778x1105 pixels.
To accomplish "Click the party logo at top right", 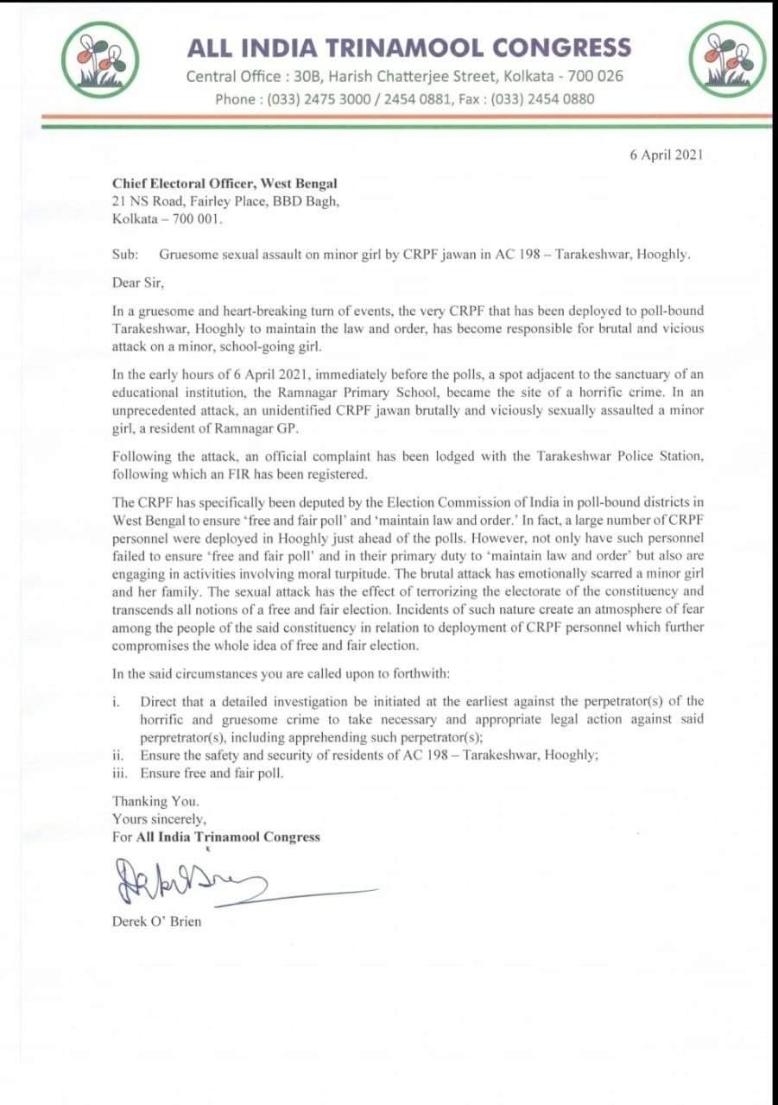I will click(726, 58).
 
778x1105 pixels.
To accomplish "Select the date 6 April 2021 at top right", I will click(667, 155).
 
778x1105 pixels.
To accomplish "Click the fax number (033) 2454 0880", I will click(542, 98).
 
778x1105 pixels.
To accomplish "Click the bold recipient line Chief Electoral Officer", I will click(225, 183).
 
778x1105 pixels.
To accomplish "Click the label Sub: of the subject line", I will click(124, 256).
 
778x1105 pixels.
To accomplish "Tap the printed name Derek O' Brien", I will click(156, 921).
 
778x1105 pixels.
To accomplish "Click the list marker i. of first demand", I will click(117, 701).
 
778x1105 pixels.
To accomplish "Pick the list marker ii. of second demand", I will click(118, 755).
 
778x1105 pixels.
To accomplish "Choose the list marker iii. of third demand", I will click(120, 773).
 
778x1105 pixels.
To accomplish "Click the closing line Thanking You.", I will click(155, 801).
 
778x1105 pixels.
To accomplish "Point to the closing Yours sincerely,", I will click(160, 818).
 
